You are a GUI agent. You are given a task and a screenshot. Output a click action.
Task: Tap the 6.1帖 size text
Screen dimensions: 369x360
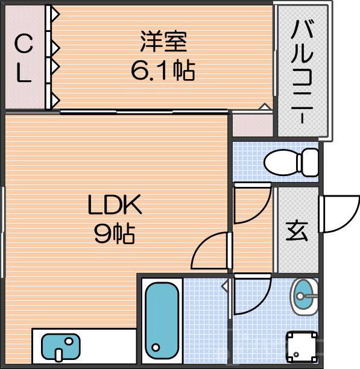tap(162, 71)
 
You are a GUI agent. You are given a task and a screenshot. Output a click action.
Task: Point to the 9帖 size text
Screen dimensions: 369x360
tap(114, 234)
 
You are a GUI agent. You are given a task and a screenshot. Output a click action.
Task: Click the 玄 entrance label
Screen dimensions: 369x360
tap(297, 232)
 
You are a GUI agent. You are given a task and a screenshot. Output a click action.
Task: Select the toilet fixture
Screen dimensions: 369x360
tap(291, 162)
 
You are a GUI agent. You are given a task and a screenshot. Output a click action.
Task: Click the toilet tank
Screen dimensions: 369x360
tap(310, 162)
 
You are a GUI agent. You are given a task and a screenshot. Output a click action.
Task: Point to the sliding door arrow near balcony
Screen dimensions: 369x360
tap(264, 107)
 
